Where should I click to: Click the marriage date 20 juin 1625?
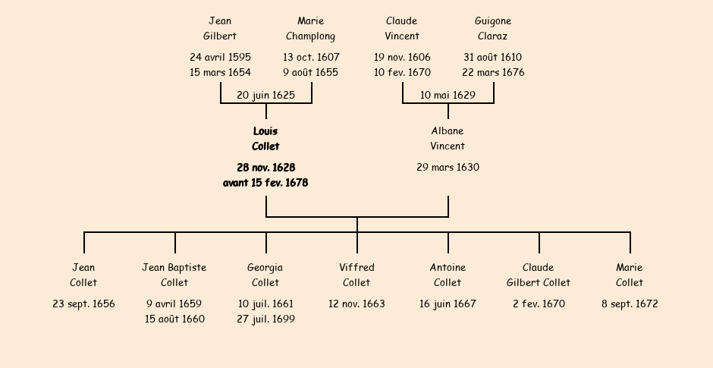point(265,96)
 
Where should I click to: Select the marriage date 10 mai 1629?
point(448,96)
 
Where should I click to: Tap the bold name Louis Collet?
point(265,139)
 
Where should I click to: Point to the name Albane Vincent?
point(448,139)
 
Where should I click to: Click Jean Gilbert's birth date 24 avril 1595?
point(220,58)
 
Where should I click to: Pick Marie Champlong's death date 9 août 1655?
point(311,73)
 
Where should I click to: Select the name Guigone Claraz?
point(493,29)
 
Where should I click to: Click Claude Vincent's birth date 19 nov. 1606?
point(402,58)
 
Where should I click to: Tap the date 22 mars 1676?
point(493,73)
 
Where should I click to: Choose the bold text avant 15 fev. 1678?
point(265,183)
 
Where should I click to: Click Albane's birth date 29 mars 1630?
point(448,168)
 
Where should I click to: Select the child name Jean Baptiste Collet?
point(174,275)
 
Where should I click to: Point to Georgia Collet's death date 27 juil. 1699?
point(265,319)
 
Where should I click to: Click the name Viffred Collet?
point(356,275)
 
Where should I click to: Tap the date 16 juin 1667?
point(448,304)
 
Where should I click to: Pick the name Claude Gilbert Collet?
point(539,275)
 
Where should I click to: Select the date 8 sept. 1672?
point(630,304)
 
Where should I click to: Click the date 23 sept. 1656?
point(83,304)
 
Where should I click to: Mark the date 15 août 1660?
point(174,319)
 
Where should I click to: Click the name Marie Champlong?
point(311,29)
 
